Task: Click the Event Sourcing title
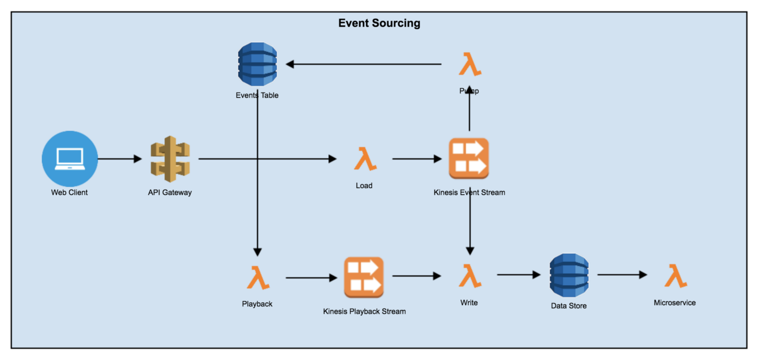tap(379, 23)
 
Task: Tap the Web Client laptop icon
tap(70, 159)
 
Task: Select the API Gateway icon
tap(170, 159)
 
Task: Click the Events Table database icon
tap(257, 64)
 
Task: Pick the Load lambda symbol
tap(365, 159)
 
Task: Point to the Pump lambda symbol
tap(469, 64)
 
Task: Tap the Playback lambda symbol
tap(258, 278)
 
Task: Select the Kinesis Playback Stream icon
tap(363, 278)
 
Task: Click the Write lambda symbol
tap(469, 276)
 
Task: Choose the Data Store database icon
tap(569, 275)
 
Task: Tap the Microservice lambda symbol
tap(675, 276)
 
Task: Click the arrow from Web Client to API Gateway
tap(119, 159)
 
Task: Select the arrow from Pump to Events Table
tap(363, 64)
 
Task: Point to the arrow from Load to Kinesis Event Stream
tap(416, 159)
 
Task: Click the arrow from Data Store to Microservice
tap(622, 275)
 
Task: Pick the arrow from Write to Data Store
tap(518, 275)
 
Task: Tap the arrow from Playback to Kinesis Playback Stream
tap(311, 278)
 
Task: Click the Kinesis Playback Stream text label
tap(364, 311)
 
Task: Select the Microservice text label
tap(675, 303)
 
